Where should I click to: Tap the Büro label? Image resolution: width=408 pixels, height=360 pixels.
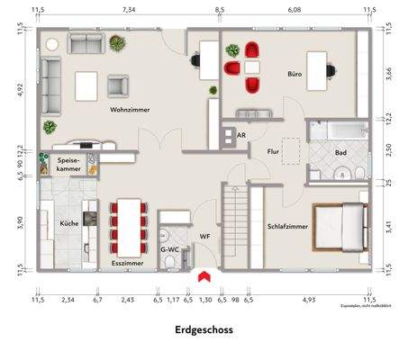[x=294, y=73]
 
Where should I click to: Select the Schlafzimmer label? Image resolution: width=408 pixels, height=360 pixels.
[x=287, y=227]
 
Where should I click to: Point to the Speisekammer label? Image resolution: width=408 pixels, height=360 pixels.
[x=70, y=164]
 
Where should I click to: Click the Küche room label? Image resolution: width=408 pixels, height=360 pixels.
[x=69, y=221]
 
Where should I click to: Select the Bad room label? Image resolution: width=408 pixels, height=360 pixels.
[x=340, y=154]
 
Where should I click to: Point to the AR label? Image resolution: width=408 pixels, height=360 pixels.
[x=240, y=135]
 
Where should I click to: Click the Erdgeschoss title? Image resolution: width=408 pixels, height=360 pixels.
[x=204, y=329]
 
